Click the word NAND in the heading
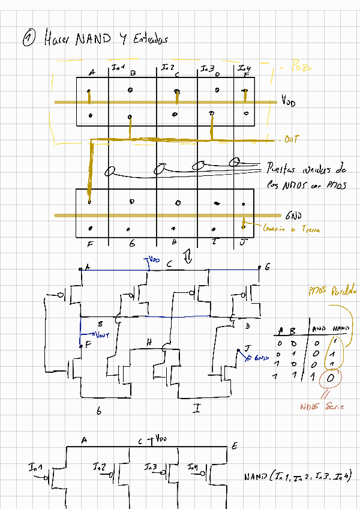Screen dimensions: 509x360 93,40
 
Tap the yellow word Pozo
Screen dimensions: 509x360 301,67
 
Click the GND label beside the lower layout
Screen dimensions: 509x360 293,214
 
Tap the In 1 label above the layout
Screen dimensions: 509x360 118,67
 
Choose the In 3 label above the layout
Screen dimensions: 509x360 207,68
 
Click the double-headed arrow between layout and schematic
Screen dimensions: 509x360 187,257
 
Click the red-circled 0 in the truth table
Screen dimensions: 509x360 331,379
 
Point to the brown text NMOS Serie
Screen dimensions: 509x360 322,407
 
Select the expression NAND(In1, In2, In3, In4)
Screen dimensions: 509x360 297,477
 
